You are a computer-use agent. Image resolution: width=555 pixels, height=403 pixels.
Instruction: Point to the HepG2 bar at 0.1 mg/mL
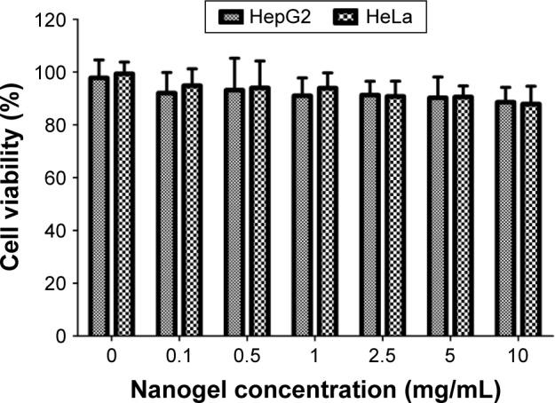tap(168, 214)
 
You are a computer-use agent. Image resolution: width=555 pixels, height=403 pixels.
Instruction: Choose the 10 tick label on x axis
tap(520, 356)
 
